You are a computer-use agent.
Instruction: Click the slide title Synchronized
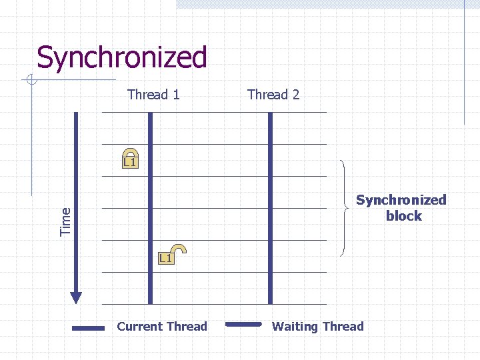click(122, 57)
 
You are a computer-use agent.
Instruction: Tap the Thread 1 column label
click(153, 95)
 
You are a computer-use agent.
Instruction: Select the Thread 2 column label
click(273, 95)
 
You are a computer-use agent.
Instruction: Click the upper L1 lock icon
click(130, 158)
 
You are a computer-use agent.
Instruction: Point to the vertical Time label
click(65, 221)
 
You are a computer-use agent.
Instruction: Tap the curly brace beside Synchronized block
click(345, 208)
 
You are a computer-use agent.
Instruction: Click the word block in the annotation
click(403, 216)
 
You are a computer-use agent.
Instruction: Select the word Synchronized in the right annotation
click(401, 200)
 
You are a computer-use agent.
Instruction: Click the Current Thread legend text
click(162, 327)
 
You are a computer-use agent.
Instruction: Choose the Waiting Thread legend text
click(318, 327)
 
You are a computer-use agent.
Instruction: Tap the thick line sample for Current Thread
click(88, 328)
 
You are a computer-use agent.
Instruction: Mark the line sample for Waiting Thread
click(243, 325)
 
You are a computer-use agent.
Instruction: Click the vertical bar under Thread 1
click(150, 207)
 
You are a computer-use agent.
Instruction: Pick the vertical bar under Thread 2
click(270, 207)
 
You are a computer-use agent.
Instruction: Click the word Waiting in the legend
click(294, 327)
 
